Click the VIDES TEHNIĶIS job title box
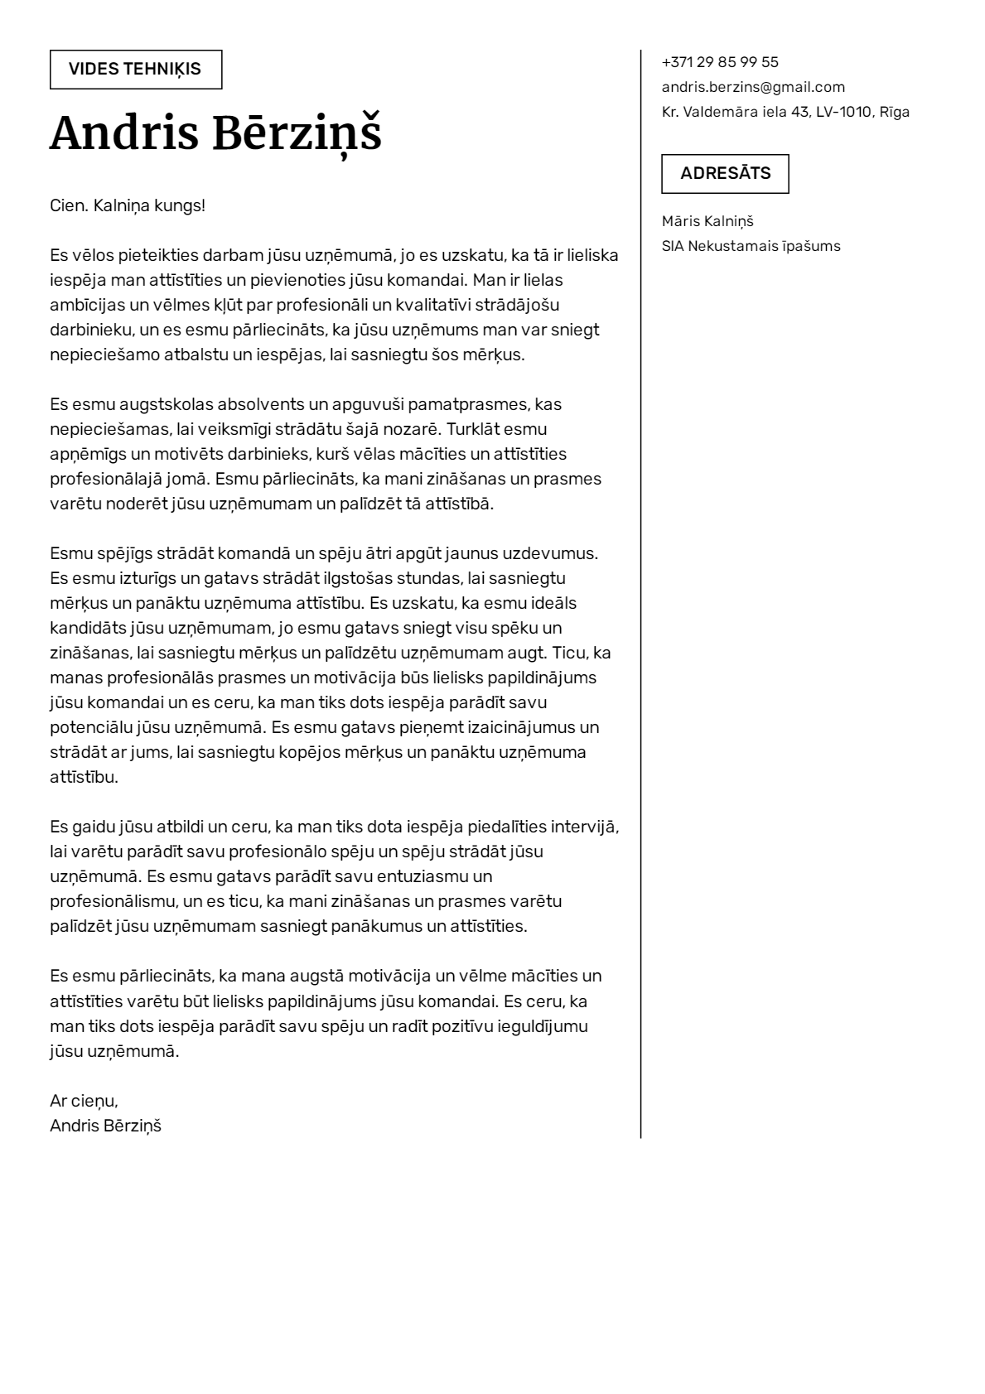(135, 70)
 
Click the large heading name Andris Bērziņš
(215, 133)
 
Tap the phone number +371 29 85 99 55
(720, 62)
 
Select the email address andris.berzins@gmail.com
(753, 87)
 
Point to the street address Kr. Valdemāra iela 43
(735, 112)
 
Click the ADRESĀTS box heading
(725, 174)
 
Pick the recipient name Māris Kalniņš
(707, 221)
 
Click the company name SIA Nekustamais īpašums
(751, 246)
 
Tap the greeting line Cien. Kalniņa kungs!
(128, 205)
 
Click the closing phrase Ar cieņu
(84, 1101)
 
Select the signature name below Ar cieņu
(105, 1126)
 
